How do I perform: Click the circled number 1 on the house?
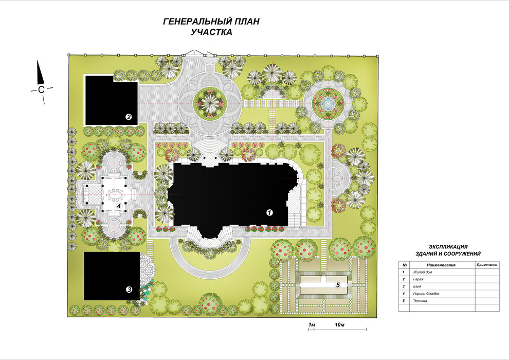(269, 212)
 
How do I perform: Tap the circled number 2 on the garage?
(129, 117)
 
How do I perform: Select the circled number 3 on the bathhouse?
(129, 290)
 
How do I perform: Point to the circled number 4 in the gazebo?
(119, 206)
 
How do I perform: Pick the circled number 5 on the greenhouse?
(338, 285)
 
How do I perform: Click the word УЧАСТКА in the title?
(211, 32)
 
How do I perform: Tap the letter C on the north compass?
(41, 89)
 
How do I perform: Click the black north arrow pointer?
(40, 72)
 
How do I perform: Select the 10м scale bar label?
(339, 325)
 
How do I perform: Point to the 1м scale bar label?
(312, 325)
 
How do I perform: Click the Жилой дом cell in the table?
(422, 272)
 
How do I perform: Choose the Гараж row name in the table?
(418, 279)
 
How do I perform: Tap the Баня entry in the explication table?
(417, 286)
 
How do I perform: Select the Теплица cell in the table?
(420, 300)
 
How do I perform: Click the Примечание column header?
(487, 265)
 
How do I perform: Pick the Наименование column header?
(441, 265)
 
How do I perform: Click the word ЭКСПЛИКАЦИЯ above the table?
(448, 247)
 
